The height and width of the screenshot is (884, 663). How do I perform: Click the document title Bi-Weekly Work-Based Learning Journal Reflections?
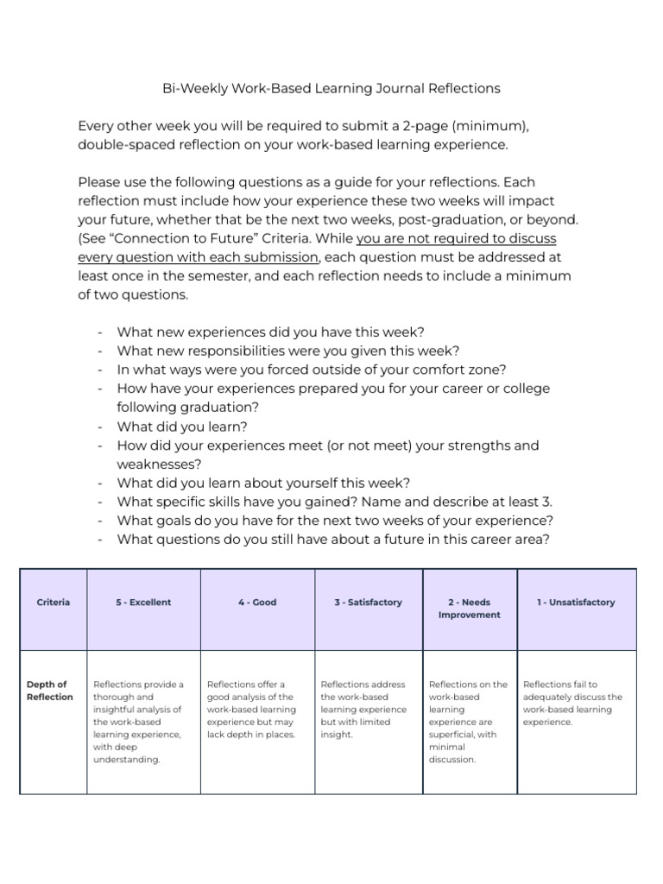pos(331,88)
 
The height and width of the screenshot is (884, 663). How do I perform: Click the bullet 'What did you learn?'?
pos(182,426)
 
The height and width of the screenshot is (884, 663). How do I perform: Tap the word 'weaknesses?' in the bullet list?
pos(153,464)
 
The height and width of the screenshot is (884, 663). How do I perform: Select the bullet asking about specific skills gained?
pos(334,502)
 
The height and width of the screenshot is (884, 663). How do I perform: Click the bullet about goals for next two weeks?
pos(335,521)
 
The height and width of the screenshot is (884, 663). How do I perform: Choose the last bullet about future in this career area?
pos(333,540)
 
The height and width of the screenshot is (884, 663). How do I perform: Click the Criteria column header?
pos(54,603)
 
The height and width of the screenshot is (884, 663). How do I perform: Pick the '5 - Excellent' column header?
pos(143,603)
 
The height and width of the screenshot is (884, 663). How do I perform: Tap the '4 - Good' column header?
pos(257,603)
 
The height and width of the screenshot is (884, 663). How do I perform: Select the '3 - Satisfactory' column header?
pos(369,603)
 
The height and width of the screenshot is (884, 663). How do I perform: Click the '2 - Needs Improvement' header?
pos(469,609)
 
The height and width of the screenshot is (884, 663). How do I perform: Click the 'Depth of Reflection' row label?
pos(49,691)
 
